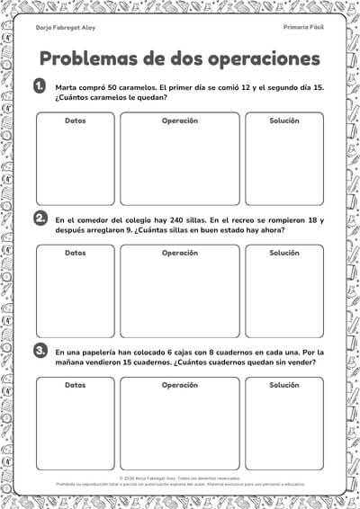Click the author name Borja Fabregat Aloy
click(x=65, y=28)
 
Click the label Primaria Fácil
click(x=303, y=28)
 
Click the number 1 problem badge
click(x=40, y=86)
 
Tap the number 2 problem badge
click(x=40, y=219)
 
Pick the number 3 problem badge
click(x=40, y=350)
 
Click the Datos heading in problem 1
click(x=76, y=121)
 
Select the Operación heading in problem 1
click(x=180, y=121)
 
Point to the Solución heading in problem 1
click(x=284, y=121)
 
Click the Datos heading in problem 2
click(x=76, y=253)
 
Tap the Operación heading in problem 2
click(x=180, y=253)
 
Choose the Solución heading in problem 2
click(x=284, y=253)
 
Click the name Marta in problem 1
click(x=66, y=87)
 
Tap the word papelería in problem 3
click(x=100, y=352)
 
